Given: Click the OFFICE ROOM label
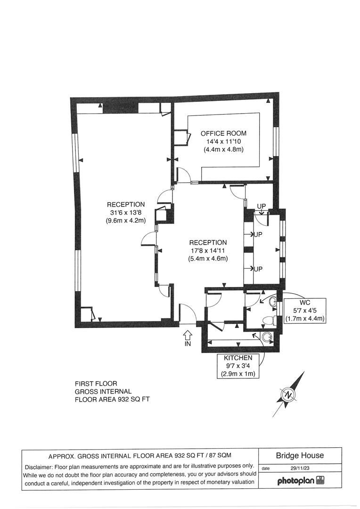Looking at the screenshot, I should coord(223,133).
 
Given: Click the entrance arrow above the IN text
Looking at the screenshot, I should coord(188,335).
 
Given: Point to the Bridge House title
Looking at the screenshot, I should coord(300,455).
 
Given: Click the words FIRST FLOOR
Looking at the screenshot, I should coord(96,384).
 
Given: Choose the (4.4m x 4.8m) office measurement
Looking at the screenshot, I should coord(223,149).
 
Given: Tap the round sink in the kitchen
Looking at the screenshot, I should coord(267,337).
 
